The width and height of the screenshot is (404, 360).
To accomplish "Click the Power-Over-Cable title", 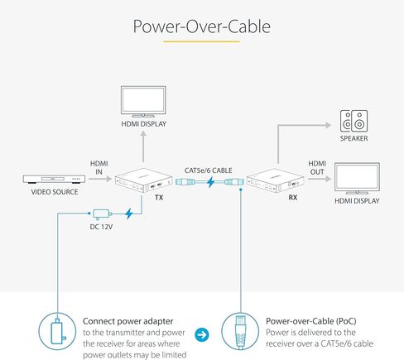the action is pos(202,26).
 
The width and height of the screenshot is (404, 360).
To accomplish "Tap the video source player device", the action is pos(54,179).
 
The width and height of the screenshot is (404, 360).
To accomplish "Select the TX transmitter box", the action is pos(143,180).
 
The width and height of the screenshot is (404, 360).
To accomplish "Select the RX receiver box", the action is pos(276,180).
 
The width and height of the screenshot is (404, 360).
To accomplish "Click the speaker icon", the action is pos(353,121).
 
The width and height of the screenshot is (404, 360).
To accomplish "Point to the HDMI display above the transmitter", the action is pos(143,102).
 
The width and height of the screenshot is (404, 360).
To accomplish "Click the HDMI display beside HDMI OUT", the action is pos(357,179).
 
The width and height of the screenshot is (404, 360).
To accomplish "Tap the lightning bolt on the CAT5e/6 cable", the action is pos(211,182).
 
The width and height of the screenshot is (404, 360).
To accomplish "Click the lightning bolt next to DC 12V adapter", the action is pos(128,214).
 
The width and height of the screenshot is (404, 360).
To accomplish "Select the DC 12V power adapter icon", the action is pos(102,214).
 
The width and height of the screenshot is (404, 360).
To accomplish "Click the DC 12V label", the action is pos(101,227).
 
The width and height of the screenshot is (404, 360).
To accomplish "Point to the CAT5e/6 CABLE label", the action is pos(208,170).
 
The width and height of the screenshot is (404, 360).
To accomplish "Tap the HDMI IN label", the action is pos(99,168).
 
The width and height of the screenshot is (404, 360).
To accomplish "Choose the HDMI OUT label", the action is pos(317,168).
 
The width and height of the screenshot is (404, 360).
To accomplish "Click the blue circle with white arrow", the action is pos(202,334).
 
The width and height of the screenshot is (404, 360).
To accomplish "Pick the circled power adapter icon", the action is pos(57,331).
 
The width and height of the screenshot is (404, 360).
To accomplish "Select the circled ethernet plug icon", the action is pos(240,331).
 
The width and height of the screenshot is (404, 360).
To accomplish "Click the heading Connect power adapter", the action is pos(127,321).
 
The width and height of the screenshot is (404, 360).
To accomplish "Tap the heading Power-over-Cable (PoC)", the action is pos(311,321).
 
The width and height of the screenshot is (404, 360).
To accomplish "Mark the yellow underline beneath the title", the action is pos(201,41).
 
